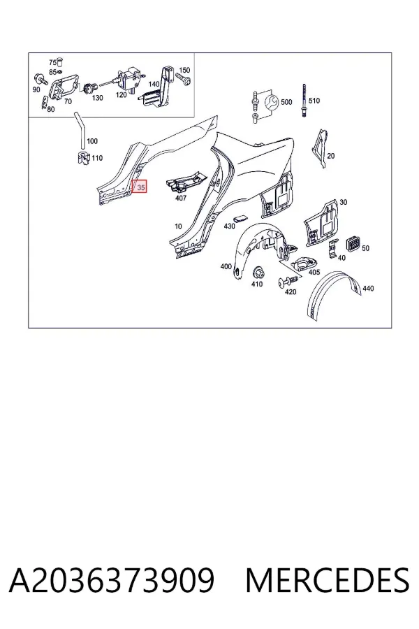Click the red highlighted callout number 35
140,187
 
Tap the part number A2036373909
112,581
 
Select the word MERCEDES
328,581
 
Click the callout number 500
286,102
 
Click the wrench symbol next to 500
272,103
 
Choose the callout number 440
368,288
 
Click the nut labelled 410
257,273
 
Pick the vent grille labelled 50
353,243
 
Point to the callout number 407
181,198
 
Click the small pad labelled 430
240,219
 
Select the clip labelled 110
83,157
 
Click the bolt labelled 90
39,78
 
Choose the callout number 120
122,94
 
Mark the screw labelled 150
185,80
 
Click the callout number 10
178,226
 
